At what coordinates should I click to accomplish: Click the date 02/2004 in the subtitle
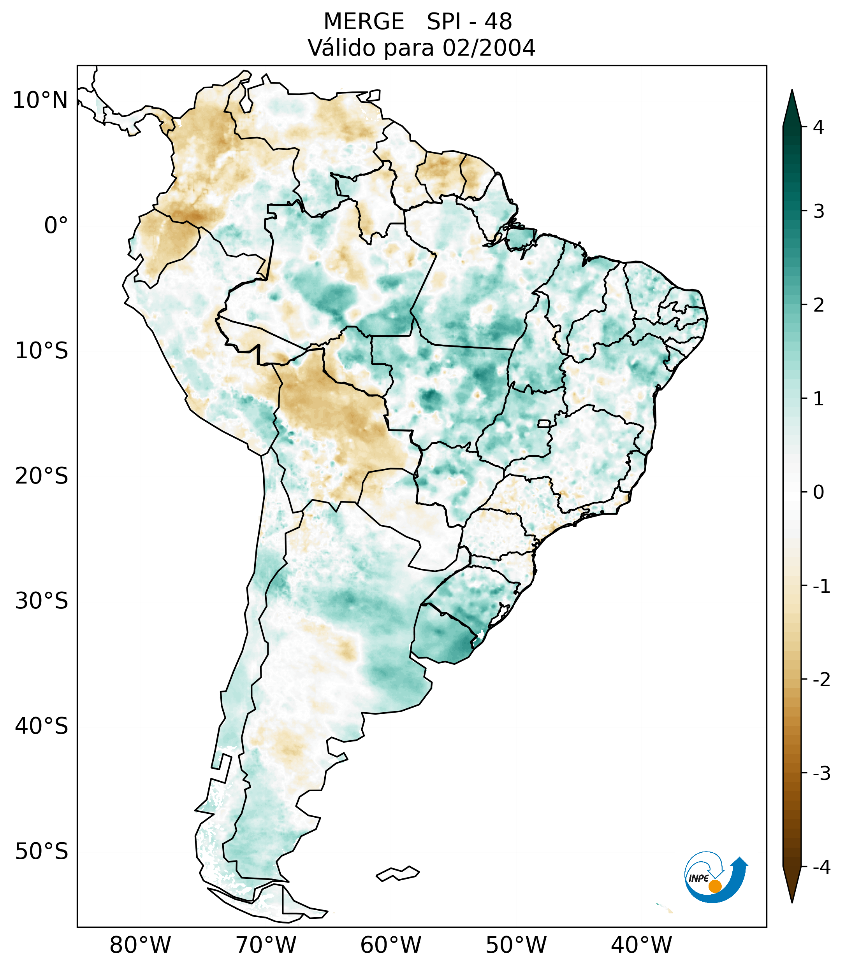pos(489,48)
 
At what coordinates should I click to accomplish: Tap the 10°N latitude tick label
pos(40,100)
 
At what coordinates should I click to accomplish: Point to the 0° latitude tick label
pos(56,226)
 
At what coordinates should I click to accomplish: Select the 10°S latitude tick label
pos(42,351)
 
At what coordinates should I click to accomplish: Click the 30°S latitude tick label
pos(42,601)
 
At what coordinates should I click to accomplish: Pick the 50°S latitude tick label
pos(42,852)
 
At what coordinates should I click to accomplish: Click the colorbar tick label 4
pos(818,127)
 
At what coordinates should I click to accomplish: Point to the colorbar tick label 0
pos(818,492)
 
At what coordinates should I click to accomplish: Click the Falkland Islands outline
pos(397,874)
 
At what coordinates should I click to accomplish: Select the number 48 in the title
pos(498,22)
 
